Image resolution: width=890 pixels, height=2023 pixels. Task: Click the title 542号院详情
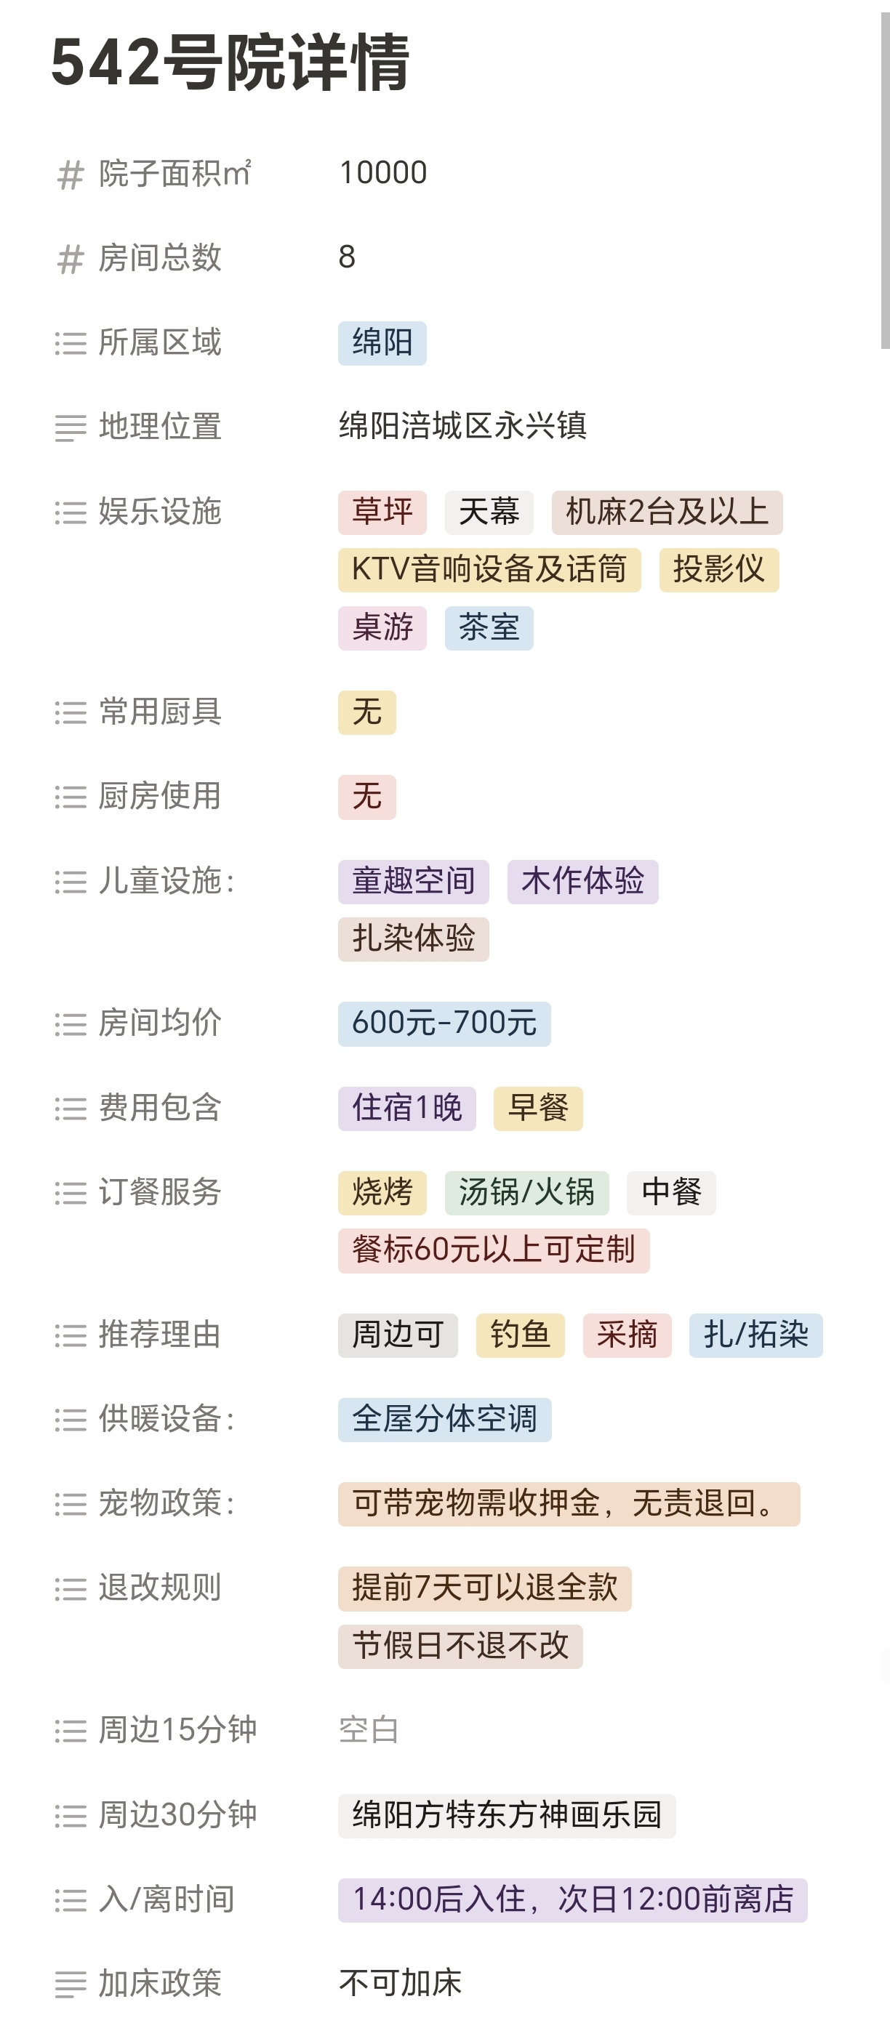(229, 62)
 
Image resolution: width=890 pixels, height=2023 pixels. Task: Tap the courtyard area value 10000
(382, 173)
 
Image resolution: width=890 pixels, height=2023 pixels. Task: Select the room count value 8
(346, 257)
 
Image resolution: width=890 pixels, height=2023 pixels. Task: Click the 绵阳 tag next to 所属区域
(382, 342)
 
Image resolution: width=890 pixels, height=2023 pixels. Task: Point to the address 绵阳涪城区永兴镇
(462, 427)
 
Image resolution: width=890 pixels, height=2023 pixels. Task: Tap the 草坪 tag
(382, 512)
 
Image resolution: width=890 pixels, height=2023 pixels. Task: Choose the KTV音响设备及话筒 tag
(489, 569)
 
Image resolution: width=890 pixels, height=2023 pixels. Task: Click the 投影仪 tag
(718, 569)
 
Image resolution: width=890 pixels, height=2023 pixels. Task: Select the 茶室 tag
(488, 627)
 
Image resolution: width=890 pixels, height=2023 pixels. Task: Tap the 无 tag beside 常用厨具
(367, 712)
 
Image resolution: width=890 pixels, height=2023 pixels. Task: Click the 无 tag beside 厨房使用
(367, 797)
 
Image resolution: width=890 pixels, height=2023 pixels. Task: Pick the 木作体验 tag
(582, 881)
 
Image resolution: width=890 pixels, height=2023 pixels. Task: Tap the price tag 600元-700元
(444, 1023)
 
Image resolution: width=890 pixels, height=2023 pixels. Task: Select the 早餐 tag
(537, 1108)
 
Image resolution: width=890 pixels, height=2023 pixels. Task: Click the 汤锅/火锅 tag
(526, 1193)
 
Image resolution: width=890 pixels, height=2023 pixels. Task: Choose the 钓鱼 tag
(519, 1335)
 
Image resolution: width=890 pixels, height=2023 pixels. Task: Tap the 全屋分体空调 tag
(444, 1419)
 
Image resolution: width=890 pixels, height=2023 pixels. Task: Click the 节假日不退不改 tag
(460, 1646)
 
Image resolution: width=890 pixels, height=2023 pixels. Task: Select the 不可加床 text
(400, 1983)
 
